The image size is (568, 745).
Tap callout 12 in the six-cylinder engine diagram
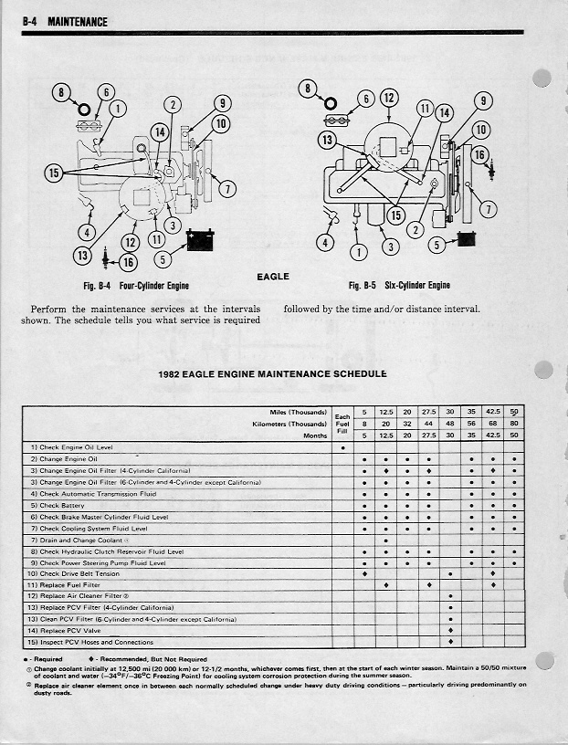coord(389,99)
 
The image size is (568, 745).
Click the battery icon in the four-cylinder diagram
coord(200,241)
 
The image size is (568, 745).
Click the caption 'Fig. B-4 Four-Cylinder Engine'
coord(136,286)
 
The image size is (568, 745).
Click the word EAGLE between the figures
coord(273,277)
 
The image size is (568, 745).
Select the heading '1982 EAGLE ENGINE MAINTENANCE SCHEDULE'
coord(273,373)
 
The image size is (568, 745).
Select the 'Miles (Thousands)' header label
coord(299,412)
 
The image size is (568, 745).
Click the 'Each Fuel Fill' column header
coord(342,424)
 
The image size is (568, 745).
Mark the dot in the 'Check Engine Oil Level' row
coord(342,447)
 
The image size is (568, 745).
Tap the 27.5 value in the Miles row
coord(428,412)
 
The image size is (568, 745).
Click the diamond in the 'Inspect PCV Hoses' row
coord(450,642)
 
